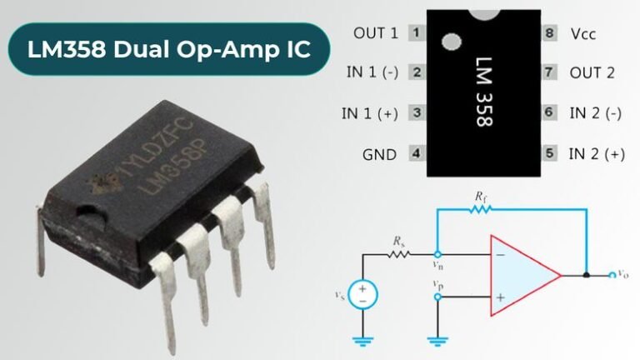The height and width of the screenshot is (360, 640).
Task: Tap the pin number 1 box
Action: pos(414,33)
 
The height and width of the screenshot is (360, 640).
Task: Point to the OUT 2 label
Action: pos(592,73)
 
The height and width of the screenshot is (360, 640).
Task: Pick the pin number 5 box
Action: pos(550,153)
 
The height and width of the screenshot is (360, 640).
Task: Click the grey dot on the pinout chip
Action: pos(451,41)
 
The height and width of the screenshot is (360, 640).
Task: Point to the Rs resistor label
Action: pos(398,240)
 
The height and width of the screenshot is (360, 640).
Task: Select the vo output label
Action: pos(623,273)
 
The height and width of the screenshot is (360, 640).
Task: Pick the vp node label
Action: pos(438,286)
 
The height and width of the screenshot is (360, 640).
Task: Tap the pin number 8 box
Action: pos(550,33)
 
